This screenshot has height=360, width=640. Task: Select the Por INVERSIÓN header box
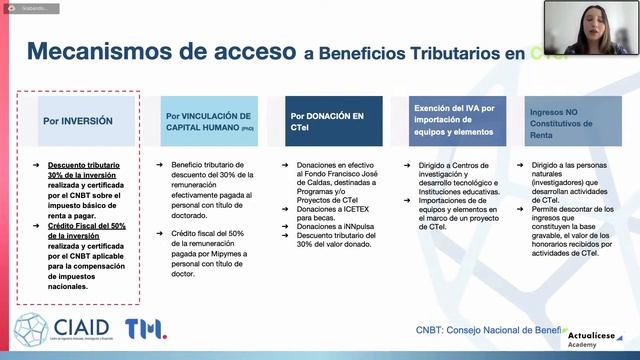point(78,121)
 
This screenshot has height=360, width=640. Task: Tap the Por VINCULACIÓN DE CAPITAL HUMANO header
point(208,121)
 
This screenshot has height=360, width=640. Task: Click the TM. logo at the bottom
point(146,329)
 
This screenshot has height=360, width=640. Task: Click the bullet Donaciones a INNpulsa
point(328,227)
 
